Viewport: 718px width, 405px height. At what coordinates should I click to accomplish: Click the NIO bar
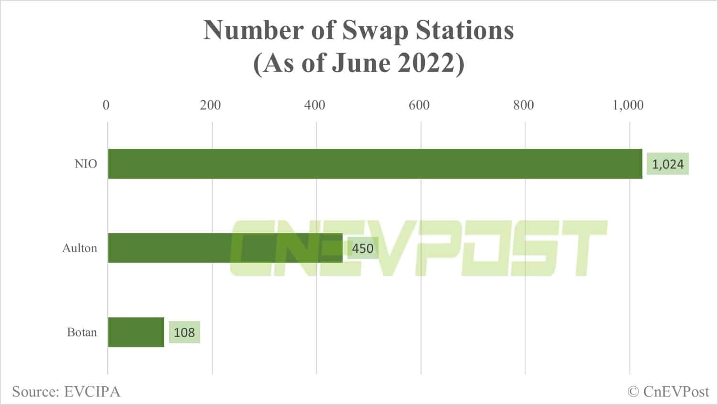[375, 164]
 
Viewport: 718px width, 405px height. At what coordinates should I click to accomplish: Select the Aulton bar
[225, 248]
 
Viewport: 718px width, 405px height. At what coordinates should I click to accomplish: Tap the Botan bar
[136, 332]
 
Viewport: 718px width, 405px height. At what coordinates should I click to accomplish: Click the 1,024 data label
[668, 164]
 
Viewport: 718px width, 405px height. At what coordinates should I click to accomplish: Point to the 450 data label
[362, 248]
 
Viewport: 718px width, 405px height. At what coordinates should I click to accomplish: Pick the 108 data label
[184, 333]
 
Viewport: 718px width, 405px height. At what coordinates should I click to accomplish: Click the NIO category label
[86, 164]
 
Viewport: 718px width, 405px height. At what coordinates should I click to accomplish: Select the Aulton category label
[79, 248]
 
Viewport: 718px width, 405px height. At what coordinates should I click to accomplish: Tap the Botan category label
[82, 332]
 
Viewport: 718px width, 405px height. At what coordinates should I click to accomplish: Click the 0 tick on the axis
[106, 105]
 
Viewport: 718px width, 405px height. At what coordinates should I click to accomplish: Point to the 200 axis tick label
[211, 105]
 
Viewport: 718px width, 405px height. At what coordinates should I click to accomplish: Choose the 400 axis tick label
[315, 105]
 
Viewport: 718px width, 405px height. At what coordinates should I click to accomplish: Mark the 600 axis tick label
[419, 105]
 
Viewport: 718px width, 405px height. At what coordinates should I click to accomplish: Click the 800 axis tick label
[524, 105]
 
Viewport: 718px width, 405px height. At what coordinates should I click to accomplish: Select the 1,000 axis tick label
[628, 105]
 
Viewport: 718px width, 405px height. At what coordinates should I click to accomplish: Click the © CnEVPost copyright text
[668, 392]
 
